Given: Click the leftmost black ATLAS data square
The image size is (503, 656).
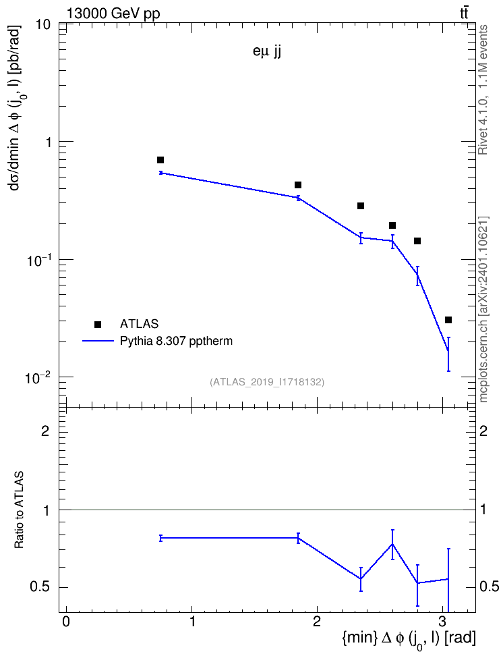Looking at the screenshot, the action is (x=160, y=160).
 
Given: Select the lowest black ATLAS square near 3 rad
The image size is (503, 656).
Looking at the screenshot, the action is (x=448, y=320).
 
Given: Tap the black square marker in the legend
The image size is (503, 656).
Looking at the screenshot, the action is (x=98, y=324).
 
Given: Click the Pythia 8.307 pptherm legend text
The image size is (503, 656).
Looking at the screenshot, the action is (x=176, y=341).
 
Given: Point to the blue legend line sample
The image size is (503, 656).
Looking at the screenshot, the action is (x=98, y=341).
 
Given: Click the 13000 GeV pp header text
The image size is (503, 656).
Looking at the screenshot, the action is (x=113, y=14).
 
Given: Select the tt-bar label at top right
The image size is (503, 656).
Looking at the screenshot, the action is (x=464, y=13).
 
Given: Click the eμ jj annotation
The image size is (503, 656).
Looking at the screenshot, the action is (x=267, y=53).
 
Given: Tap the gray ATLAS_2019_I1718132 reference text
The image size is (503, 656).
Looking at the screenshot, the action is (x=267, y=382).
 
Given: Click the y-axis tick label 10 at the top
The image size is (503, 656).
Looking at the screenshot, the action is (x=43, y=25).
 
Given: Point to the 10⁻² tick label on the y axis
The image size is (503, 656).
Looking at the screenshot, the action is (x=38, y=377).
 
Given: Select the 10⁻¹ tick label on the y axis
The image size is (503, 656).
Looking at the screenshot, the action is (x=38, y=260).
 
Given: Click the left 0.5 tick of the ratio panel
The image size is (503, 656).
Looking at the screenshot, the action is (x=40, y=587).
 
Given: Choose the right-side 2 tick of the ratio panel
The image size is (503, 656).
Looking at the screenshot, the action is (x=483, y=431).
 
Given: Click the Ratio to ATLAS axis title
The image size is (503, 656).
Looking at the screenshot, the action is (x=19, y=510).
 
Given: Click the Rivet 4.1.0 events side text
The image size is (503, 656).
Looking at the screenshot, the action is (x=483, y=90).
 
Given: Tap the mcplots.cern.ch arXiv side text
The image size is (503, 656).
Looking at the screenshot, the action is (x=483, y=310).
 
